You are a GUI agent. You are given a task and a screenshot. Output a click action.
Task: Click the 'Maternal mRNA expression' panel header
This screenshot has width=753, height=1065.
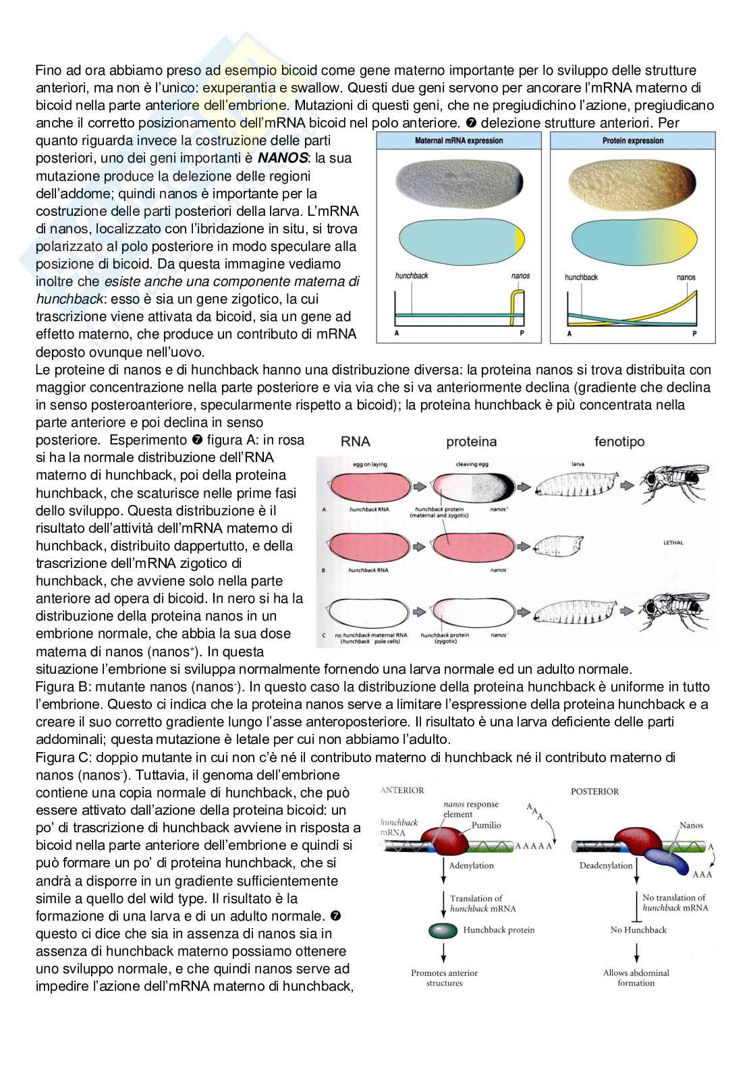click(458, 141)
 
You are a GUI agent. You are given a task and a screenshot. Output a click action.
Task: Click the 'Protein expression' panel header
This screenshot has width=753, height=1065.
click(632, 141)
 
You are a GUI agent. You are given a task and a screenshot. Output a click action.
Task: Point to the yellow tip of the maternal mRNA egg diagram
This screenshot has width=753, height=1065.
click(519, 239)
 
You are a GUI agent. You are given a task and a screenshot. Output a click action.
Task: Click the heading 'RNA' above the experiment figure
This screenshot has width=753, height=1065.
click(356, 442)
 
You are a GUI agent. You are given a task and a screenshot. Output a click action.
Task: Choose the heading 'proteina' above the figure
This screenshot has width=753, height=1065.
click(471, 442)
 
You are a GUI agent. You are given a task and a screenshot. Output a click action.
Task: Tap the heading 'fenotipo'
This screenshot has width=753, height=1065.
click(619, 442)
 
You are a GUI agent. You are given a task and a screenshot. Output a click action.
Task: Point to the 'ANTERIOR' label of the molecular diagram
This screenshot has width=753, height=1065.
click(403, 790)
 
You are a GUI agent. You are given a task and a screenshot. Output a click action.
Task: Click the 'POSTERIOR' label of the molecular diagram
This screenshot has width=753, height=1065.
click(594, 791)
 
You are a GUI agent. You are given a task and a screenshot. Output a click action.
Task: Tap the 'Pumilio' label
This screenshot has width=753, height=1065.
click(486, 825)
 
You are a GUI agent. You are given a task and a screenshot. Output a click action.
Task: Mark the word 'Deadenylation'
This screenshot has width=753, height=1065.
click(606, 865)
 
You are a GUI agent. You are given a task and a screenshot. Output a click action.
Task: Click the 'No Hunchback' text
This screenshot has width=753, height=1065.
click(638, 930)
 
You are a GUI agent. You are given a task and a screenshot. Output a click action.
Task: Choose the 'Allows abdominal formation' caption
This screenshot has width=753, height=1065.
click(636, 977)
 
